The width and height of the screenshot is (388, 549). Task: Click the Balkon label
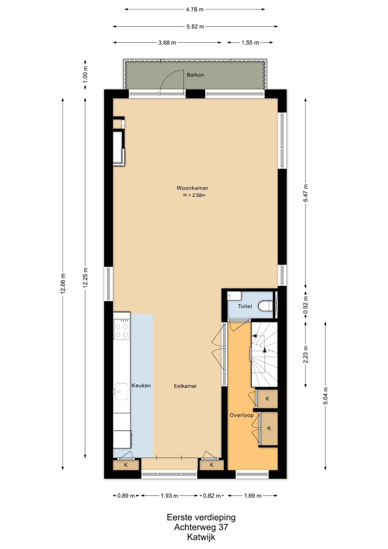(195, 75)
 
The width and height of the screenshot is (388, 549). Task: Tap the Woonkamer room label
(192, 188)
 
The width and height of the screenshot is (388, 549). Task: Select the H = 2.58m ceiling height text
(194, 195)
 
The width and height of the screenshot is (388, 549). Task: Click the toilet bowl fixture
(265, 306)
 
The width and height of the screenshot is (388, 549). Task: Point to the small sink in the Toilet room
(234, 296)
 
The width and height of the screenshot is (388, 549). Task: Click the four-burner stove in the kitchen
(121, 329)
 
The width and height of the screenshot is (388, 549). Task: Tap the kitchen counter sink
(121, 391)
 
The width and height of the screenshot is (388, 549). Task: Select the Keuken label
(141, 385)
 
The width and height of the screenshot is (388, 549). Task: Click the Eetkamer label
(185, 386)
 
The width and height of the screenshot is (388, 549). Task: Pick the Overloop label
(242, 415)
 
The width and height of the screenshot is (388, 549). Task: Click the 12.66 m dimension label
(63, 284)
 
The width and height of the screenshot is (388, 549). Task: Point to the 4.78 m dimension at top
(195, 9)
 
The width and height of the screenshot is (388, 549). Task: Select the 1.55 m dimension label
(250, 43)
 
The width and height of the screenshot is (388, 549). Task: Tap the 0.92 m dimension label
(306, 305)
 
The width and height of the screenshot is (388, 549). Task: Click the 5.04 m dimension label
(325, 396)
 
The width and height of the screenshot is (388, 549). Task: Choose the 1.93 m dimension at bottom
(169, 496)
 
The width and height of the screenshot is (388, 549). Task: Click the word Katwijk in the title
(201, 537)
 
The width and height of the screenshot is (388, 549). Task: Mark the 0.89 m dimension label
(126, 496)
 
